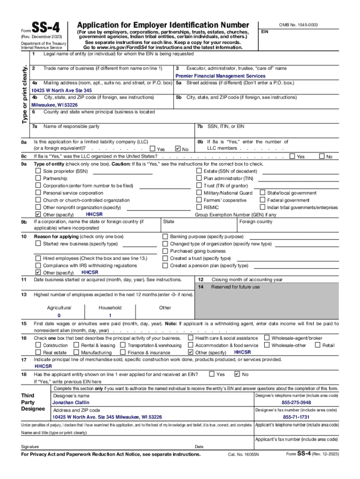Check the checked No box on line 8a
tap(177, 149)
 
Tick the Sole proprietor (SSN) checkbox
tap(38, 171)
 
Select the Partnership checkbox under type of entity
tap(38, 178)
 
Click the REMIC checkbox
tap(199, 207)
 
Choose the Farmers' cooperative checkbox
tap(199, 200)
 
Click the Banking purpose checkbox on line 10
tap(165, 237)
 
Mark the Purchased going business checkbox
tap(165, 251)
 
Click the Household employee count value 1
tap(110, 316)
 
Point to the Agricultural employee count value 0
tap(59, 316)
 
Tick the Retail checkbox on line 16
tap(318, 345)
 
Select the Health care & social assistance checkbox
tap(190, 338)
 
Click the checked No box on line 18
tap(237, 374)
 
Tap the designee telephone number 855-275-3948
tap(296, 403)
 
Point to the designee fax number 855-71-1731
tap(296, 417)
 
